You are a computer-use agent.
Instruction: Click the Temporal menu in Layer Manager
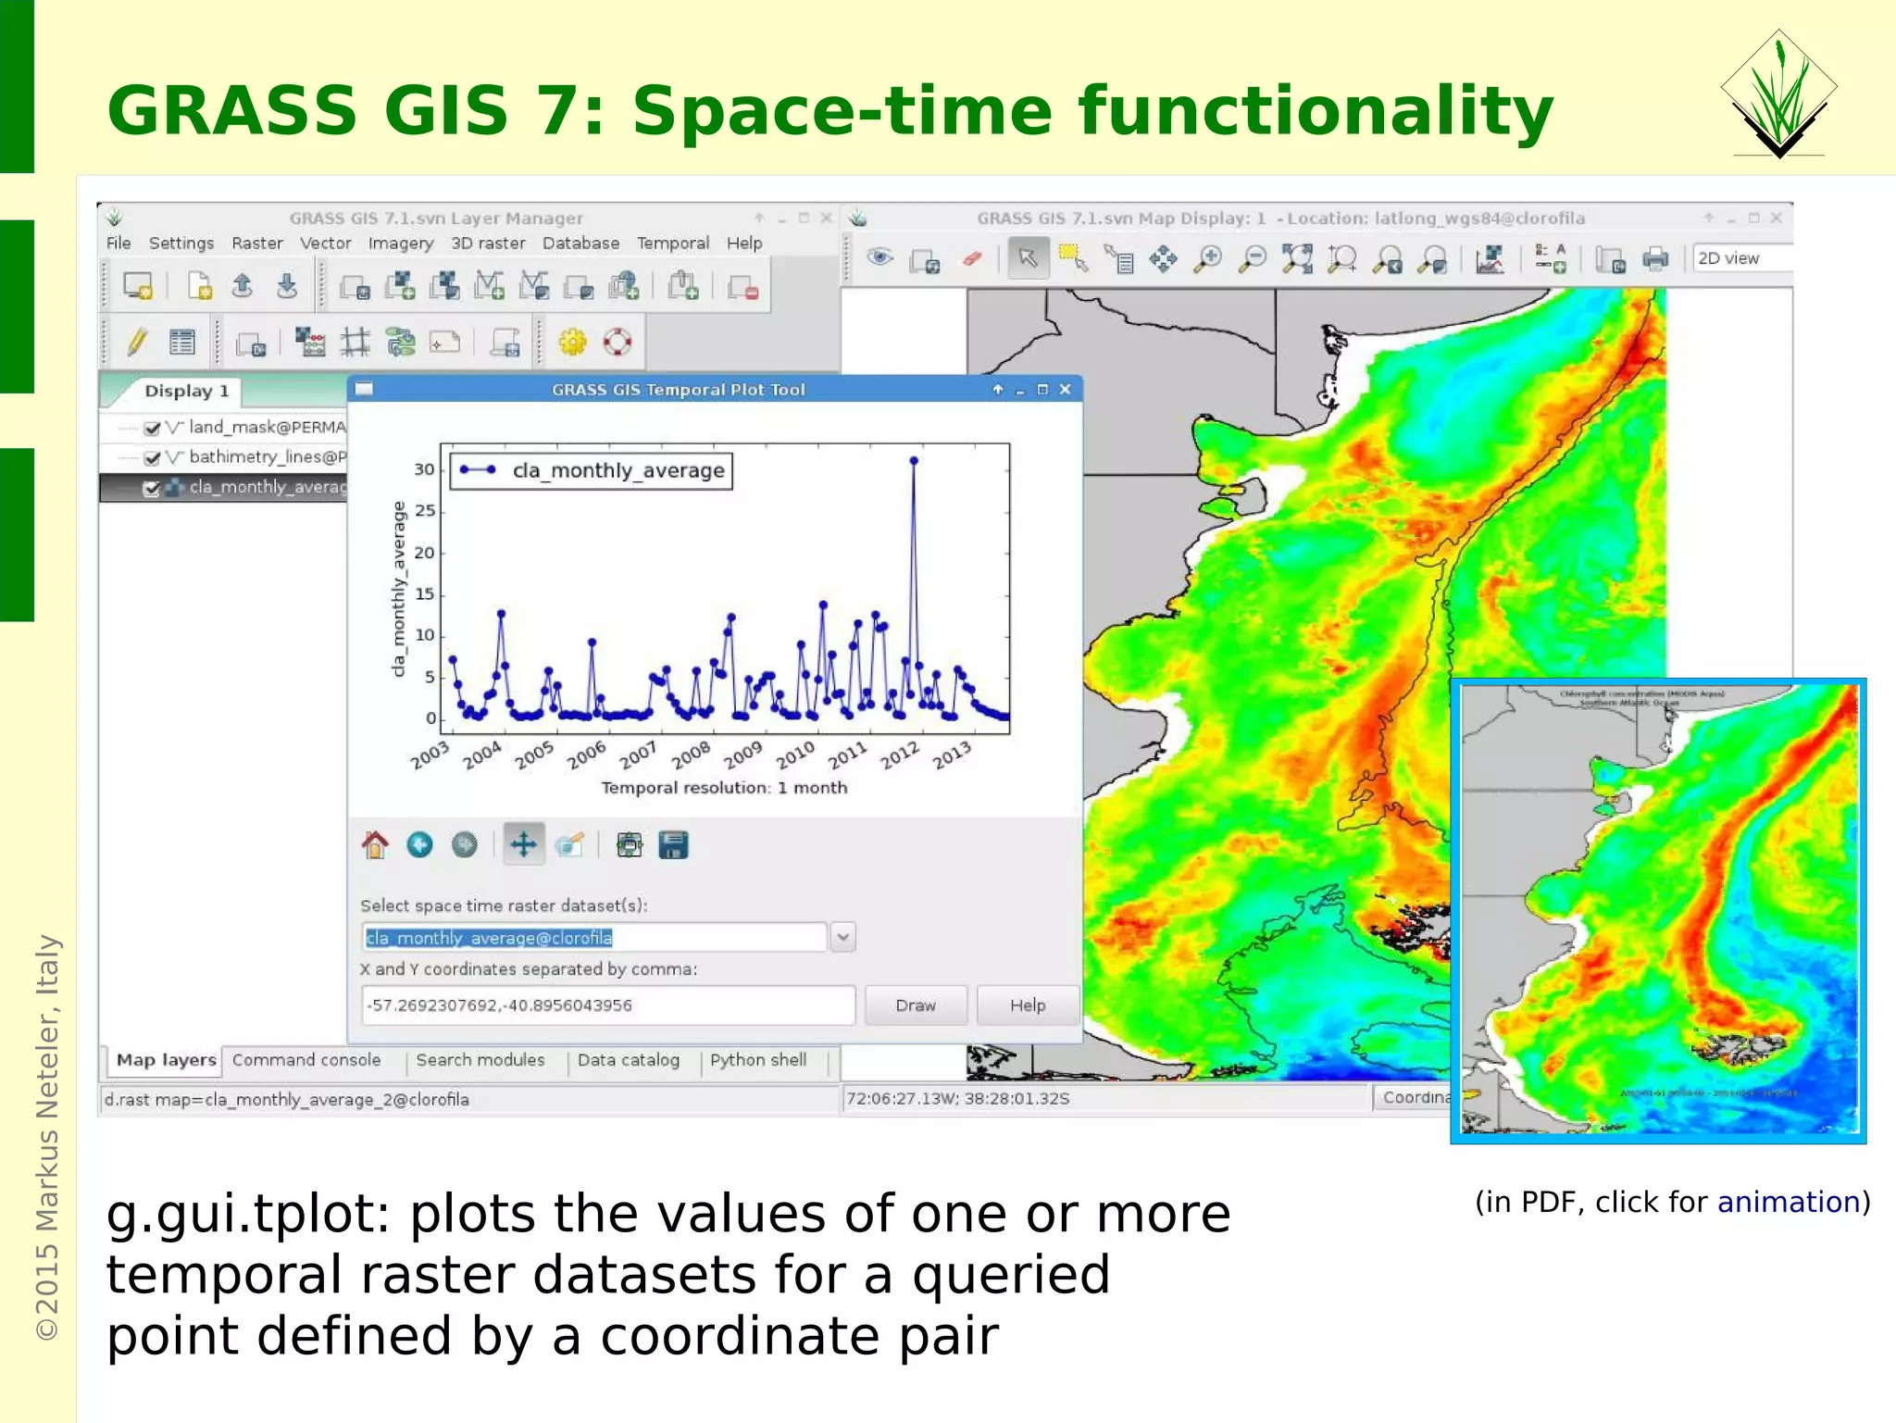tap(672, 243)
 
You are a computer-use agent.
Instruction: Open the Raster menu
tap(256, 243)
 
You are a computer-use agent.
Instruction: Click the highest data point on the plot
tap(914, 460)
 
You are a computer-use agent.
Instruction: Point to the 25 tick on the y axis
tap(425, 510)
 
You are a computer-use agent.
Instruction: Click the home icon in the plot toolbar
tap(375, 844)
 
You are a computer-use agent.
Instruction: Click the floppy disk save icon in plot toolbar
tap(673, 844)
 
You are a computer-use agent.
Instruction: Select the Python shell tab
tap(757, 1060)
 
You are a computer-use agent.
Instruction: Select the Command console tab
tap(306, 1060)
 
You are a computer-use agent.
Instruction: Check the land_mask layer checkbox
tap(153, 428)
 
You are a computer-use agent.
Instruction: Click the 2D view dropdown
tap(1740, 258)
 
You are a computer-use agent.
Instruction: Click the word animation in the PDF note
tap(1788, 1202)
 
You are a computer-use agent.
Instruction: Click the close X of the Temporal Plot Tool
tap(1065, 390)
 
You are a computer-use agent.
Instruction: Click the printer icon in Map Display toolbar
tap(1654, 259)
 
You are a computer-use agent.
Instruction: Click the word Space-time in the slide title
tap(842, 111)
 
